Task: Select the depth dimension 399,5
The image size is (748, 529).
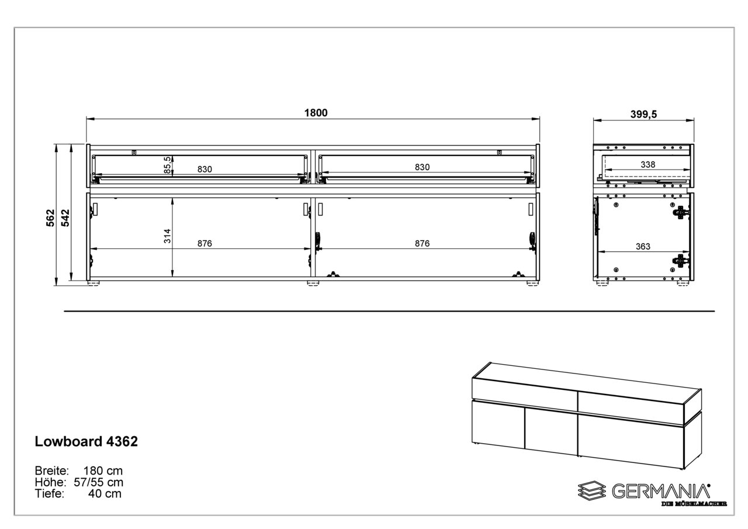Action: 643,114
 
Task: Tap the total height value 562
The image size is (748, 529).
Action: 51,217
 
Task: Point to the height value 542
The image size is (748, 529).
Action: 65,217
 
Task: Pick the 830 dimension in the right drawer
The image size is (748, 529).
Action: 422,167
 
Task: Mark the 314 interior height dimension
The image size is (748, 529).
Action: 168,236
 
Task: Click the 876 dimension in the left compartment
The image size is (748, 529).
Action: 203,243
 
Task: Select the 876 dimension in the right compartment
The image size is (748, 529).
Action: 422,243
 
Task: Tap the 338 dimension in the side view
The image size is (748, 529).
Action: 647,165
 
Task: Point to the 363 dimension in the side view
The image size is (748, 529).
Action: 643,247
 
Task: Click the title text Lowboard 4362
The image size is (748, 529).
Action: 86,442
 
